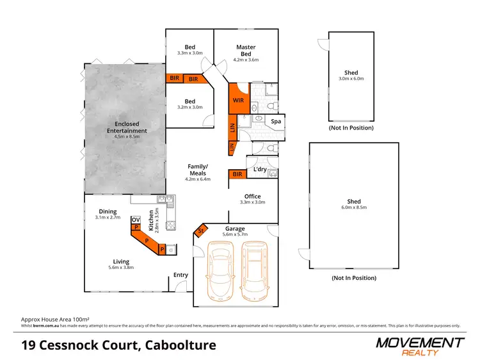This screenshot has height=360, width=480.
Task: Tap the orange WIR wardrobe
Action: tap(237, 101)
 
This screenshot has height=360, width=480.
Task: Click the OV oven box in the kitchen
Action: tap(136, 220)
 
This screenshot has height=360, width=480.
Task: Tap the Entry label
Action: tap(181, 275)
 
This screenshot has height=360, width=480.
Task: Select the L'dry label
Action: tap(260, 169)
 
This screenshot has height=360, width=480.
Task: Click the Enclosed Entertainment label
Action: tap(127, 127)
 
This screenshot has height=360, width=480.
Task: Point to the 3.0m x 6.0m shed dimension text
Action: tap(351, 79)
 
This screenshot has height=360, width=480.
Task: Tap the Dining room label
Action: tap(108, 211)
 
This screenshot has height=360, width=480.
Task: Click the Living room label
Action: tap(121, 261)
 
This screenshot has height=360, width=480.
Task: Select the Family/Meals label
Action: tap(197, 169)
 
